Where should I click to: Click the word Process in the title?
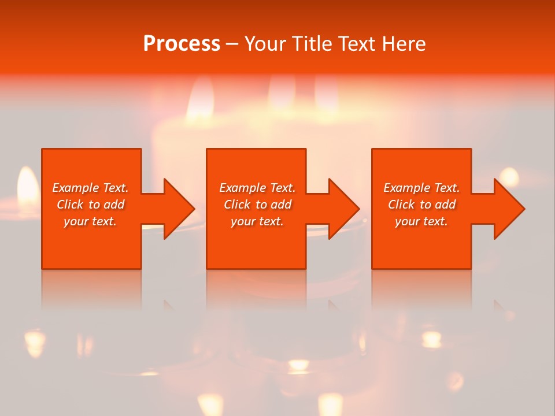(x=182, y=44)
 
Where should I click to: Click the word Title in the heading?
(x=312, y=44)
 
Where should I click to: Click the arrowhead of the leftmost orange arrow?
(x=179, y=209)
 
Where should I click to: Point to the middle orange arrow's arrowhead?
(x=343, y=209)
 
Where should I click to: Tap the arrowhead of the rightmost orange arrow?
(x=509, y=209)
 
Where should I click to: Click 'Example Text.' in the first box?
(x=90, y=188)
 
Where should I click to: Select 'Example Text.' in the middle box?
(x=257, y=188)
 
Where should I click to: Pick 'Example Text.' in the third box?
(x=421, y=188)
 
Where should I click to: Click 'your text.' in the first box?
(x=90, y=221)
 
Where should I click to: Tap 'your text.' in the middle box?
(x=257, y=221)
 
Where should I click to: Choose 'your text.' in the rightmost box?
(x=421, y=221)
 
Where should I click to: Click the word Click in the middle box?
(x=237, y=205)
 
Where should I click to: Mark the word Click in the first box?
(x=70, y=205)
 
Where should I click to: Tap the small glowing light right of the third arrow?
(x=509, y=175)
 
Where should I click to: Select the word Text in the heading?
(x=358, y=44)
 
